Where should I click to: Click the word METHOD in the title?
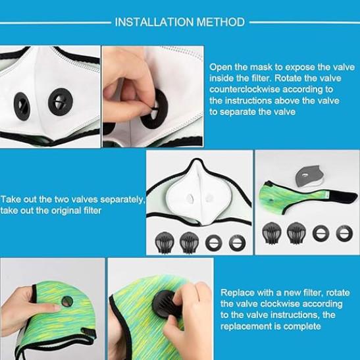pos(220,22)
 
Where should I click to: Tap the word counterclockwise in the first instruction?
pos(245,90)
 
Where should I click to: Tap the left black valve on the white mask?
pos(22,107)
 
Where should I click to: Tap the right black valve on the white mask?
pos(61,101)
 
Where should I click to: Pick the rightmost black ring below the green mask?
pos(344,233)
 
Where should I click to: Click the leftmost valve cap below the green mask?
pos(272,232)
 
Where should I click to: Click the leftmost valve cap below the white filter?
pos(165,242)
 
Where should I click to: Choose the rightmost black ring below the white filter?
pos(238,243)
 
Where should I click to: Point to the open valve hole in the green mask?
pos(67,301)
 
